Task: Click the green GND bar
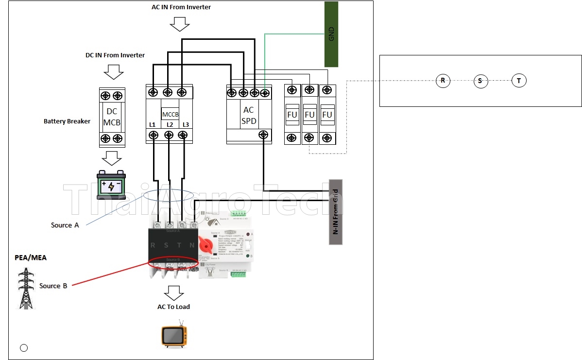331,34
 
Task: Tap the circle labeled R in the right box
443,81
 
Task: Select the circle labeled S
480,81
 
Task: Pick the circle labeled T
519,81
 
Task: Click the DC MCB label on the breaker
112,117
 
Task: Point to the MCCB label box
171,114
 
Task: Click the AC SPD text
248,116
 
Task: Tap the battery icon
111,185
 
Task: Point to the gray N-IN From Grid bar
336,212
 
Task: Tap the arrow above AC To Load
174,292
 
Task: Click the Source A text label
65,225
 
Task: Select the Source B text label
53,286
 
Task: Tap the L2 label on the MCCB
170,125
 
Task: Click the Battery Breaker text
67,121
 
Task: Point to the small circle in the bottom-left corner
24,347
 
